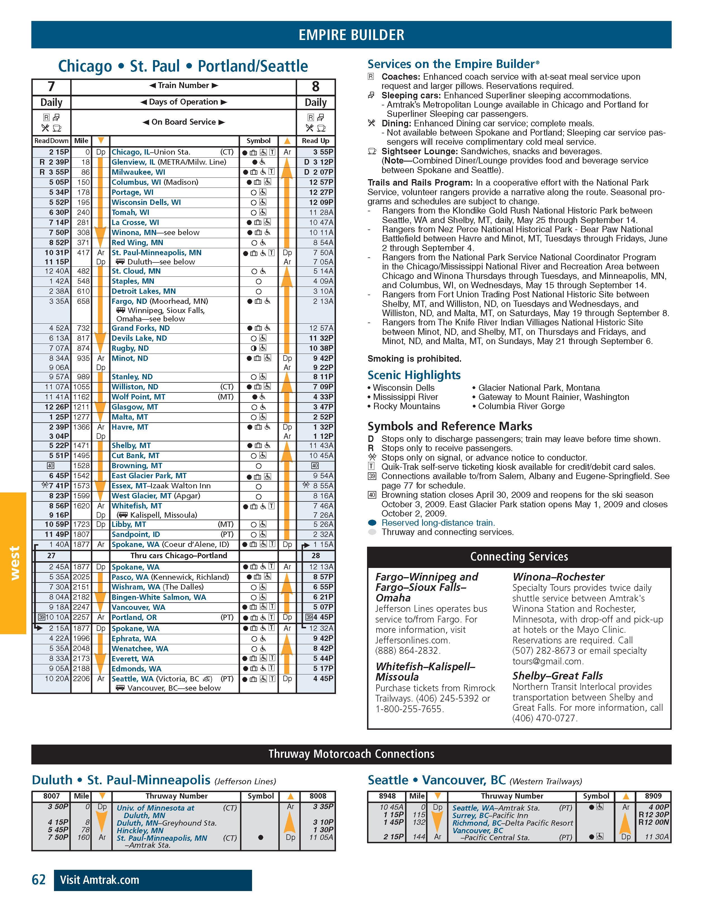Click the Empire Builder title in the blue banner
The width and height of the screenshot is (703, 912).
pyautogui.click(x=351, y=35)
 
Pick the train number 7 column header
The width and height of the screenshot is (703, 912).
pyautogui.click(x=51, y=86)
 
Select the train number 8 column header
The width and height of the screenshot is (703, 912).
pyautogui.click(x=316, y=86)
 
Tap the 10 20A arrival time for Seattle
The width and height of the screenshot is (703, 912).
pyautogui.click(x=57, y=679)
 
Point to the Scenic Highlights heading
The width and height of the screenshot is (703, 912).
pyautogui.click(x=414, y=375)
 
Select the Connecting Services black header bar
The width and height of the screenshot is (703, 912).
pyautogui.click(x=519, y=557)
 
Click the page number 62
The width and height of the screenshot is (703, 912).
pyautogui.click(x=38, y=880)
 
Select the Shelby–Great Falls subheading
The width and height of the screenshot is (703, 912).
pyautogui.click(x=558, y=676)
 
